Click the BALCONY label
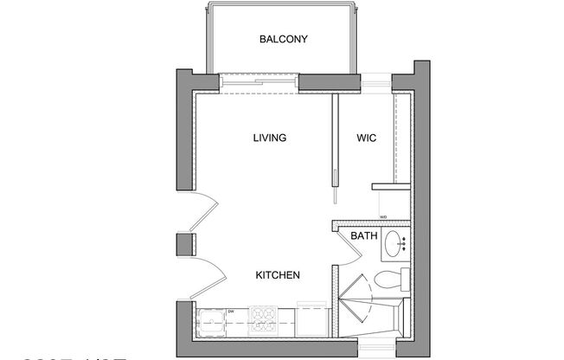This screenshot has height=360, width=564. tap(283, 39)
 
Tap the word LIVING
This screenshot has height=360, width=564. tap(270, 138)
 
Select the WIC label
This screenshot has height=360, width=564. tap(367, 138)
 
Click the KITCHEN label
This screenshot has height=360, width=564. tap(278, 275)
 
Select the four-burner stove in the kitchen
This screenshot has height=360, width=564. tap(264, 319)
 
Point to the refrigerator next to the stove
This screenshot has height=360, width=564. tap(311, 319)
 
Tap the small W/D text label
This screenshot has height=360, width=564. tap(382, 217)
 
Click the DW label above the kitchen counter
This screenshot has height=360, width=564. tap(231, 311)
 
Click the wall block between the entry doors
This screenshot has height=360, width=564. tap(184, 245)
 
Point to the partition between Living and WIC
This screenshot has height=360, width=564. tap(333, 138)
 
